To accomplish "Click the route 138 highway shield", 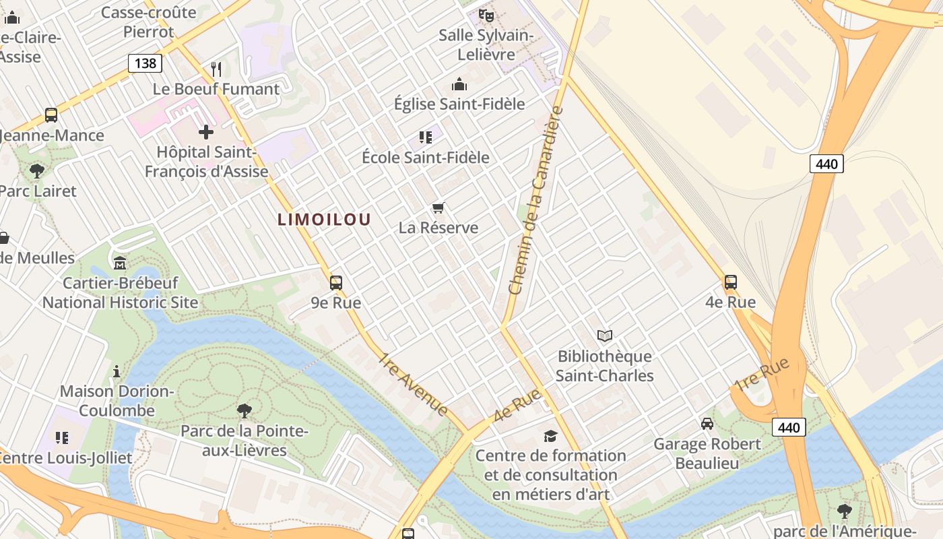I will (x=145, y=64).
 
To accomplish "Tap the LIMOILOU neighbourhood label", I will (x=324, y=219).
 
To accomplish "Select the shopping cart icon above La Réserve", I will (x=438, y=208).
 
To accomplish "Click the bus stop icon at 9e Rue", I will (x=336, y=283).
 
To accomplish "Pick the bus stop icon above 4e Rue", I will (x=731, y=282).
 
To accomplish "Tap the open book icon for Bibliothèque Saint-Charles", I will (x=605, y=336).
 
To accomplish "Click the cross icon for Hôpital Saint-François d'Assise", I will (x=206, y=132).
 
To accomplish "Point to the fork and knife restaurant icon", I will (x=216, y=69).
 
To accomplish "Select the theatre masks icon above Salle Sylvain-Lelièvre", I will (x=486, y=15).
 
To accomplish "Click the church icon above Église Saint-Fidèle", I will (x=459, y=84).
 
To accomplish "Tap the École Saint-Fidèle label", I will (x=426, y=158).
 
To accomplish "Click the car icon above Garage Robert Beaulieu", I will (x=707, y=424).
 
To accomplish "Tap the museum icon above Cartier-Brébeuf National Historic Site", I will (x=120, y=263).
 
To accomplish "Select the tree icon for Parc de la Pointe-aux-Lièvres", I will (x=245, y=410).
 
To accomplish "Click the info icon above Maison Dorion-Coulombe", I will (x=117, y=371).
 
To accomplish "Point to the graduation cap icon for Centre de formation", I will (x=550, y=436).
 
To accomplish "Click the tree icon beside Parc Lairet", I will (x=37, y=170).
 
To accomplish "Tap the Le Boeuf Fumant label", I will (x=216, y=89).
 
